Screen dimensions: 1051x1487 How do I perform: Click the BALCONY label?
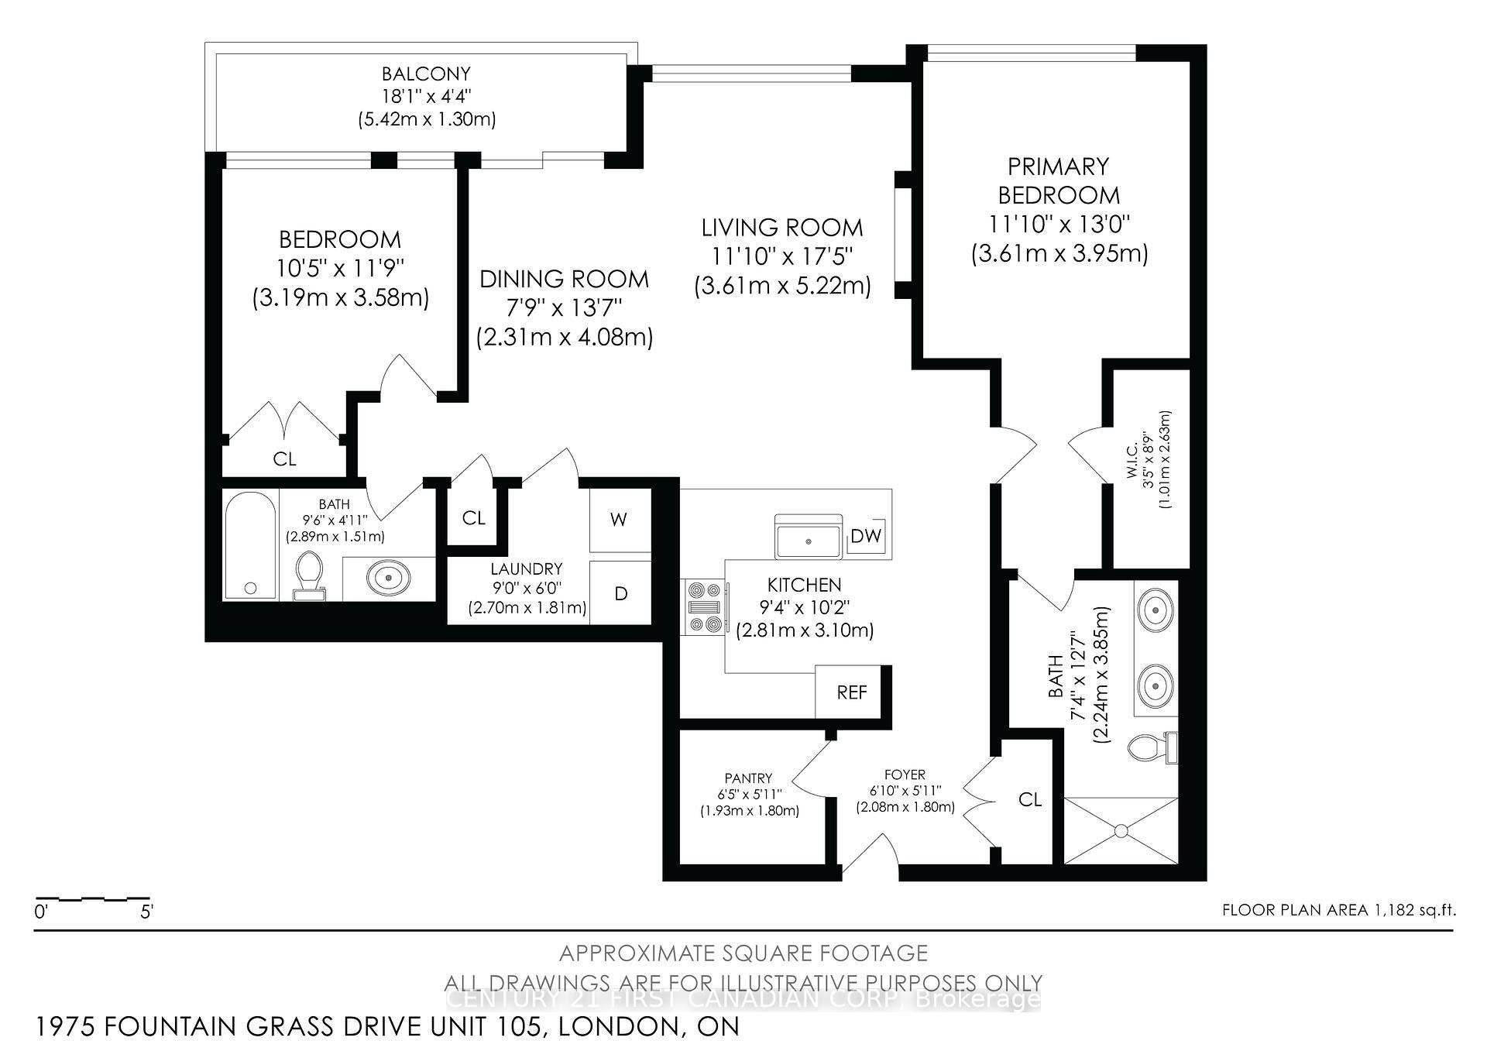tap(426, 74)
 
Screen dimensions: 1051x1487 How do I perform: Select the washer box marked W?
tap(618, 520)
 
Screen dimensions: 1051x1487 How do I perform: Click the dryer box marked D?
tap(620, 594)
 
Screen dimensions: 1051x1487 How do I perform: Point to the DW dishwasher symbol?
tap(866, 536)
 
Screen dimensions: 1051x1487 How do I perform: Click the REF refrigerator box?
tap(851, 692)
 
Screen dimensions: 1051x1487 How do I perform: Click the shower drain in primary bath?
tap(1121, 830)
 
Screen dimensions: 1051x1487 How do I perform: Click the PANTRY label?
tap(748, 778)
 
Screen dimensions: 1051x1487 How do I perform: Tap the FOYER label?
tap(905, 775)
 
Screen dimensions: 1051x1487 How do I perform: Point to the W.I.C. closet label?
tap(1132, 471)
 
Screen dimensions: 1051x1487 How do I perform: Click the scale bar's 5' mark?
tap(147, 912)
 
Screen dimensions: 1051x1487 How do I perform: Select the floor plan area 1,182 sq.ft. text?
tap(1338, 910)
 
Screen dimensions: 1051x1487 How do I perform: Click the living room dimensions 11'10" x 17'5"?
tap(781, 256)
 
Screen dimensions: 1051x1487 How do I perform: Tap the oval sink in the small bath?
tap(389, 577)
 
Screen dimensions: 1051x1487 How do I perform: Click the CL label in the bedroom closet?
tap(284, 459)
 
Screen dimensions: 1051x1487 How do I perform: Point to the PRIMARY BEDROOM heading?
tap(1058, 180)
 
